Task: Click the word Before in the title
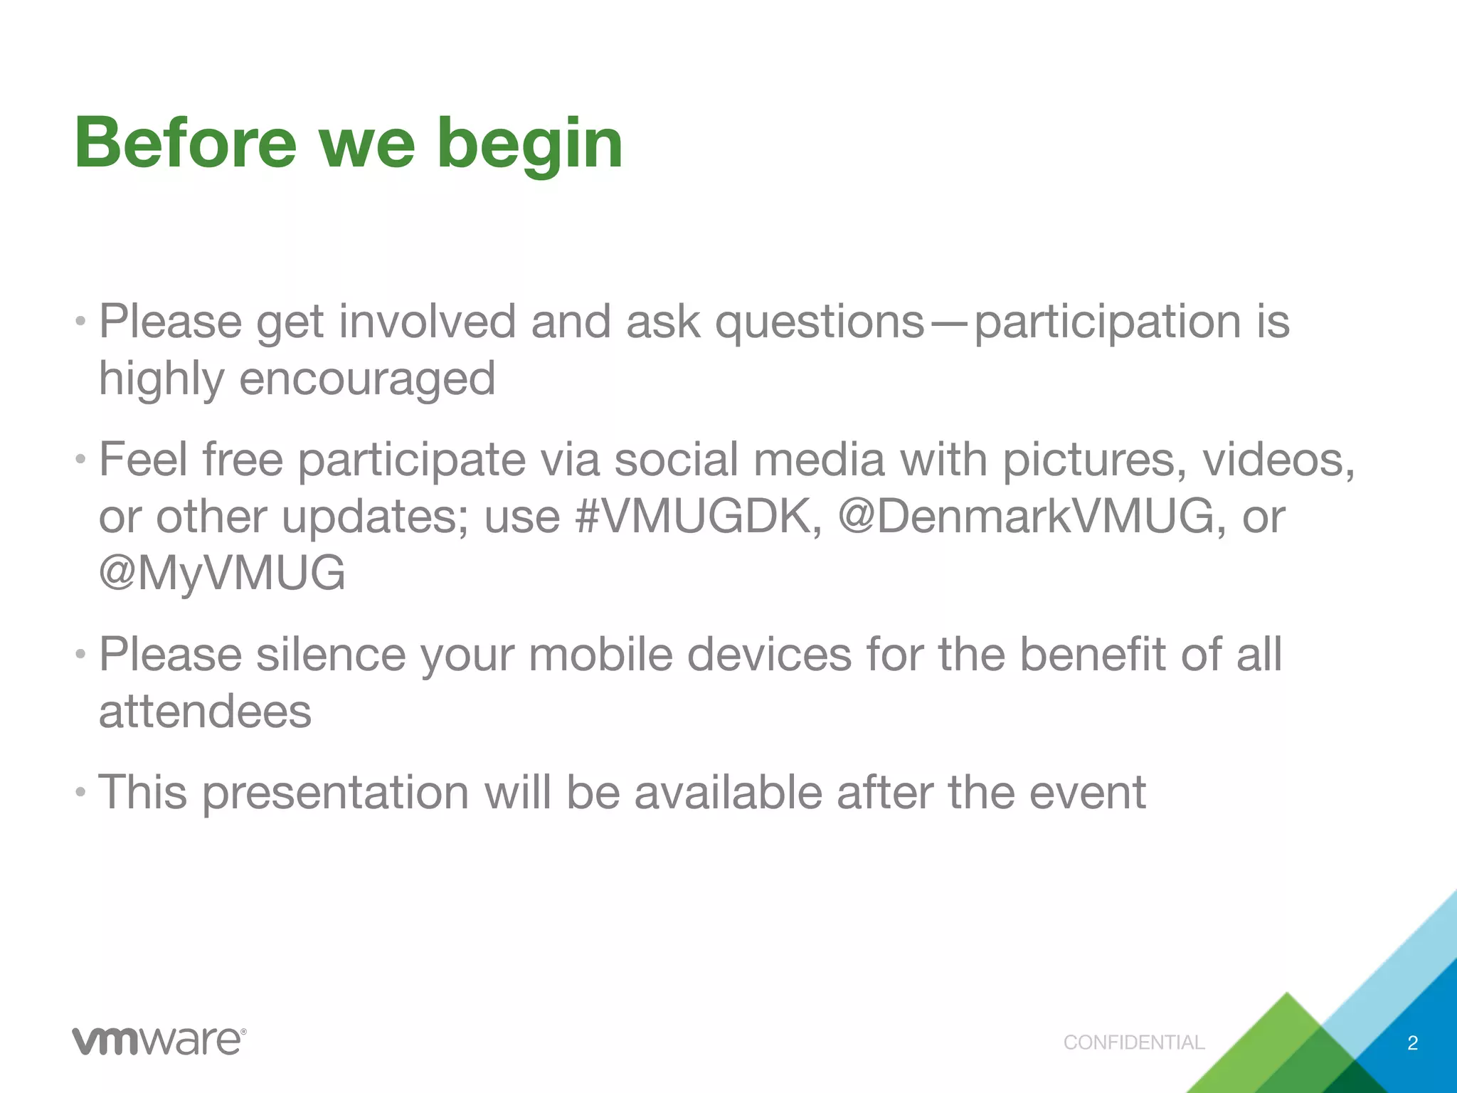[185, 144]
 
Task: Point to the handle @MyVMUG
[222, 573]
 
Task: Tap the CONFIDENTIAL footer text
[1133, 1042]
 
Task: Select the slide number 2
[1412, 1043]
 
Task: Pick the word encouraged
[367, 379]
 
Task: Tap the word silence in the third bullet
[331, 654]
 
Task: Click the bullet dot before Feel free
[81, 459]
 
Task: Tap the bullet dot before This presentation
[81, 791]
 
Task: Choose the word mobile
[600, 654]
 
